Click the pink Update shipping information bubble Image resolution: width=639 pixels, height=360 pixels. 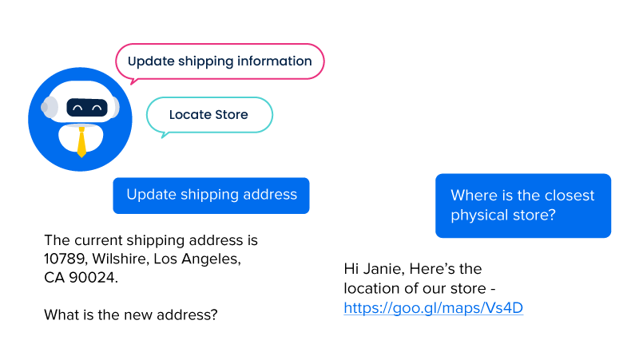[x=220, y=61]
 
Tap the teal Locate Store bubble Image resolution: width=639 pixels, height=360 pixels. [x=209, y=115]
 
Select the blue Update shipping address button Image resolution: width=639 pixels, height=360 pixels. [x=211, y=195]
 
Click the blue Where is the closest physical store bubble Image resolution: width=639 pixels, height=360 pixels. [x=522, y=205]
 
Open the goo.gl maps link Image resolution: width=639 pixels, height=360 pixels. [x=433, y=307]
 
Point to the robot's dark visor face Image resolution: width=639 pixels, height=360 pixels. [x=86, y=108]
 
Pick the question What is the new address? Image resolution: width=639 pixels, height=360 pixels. [x=130, y=315]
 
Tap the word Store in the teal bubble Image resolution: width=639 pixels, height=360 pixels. [x=231, y=115]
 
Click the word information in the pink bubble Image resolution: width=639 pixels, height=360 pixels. [x=274, y=61]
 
